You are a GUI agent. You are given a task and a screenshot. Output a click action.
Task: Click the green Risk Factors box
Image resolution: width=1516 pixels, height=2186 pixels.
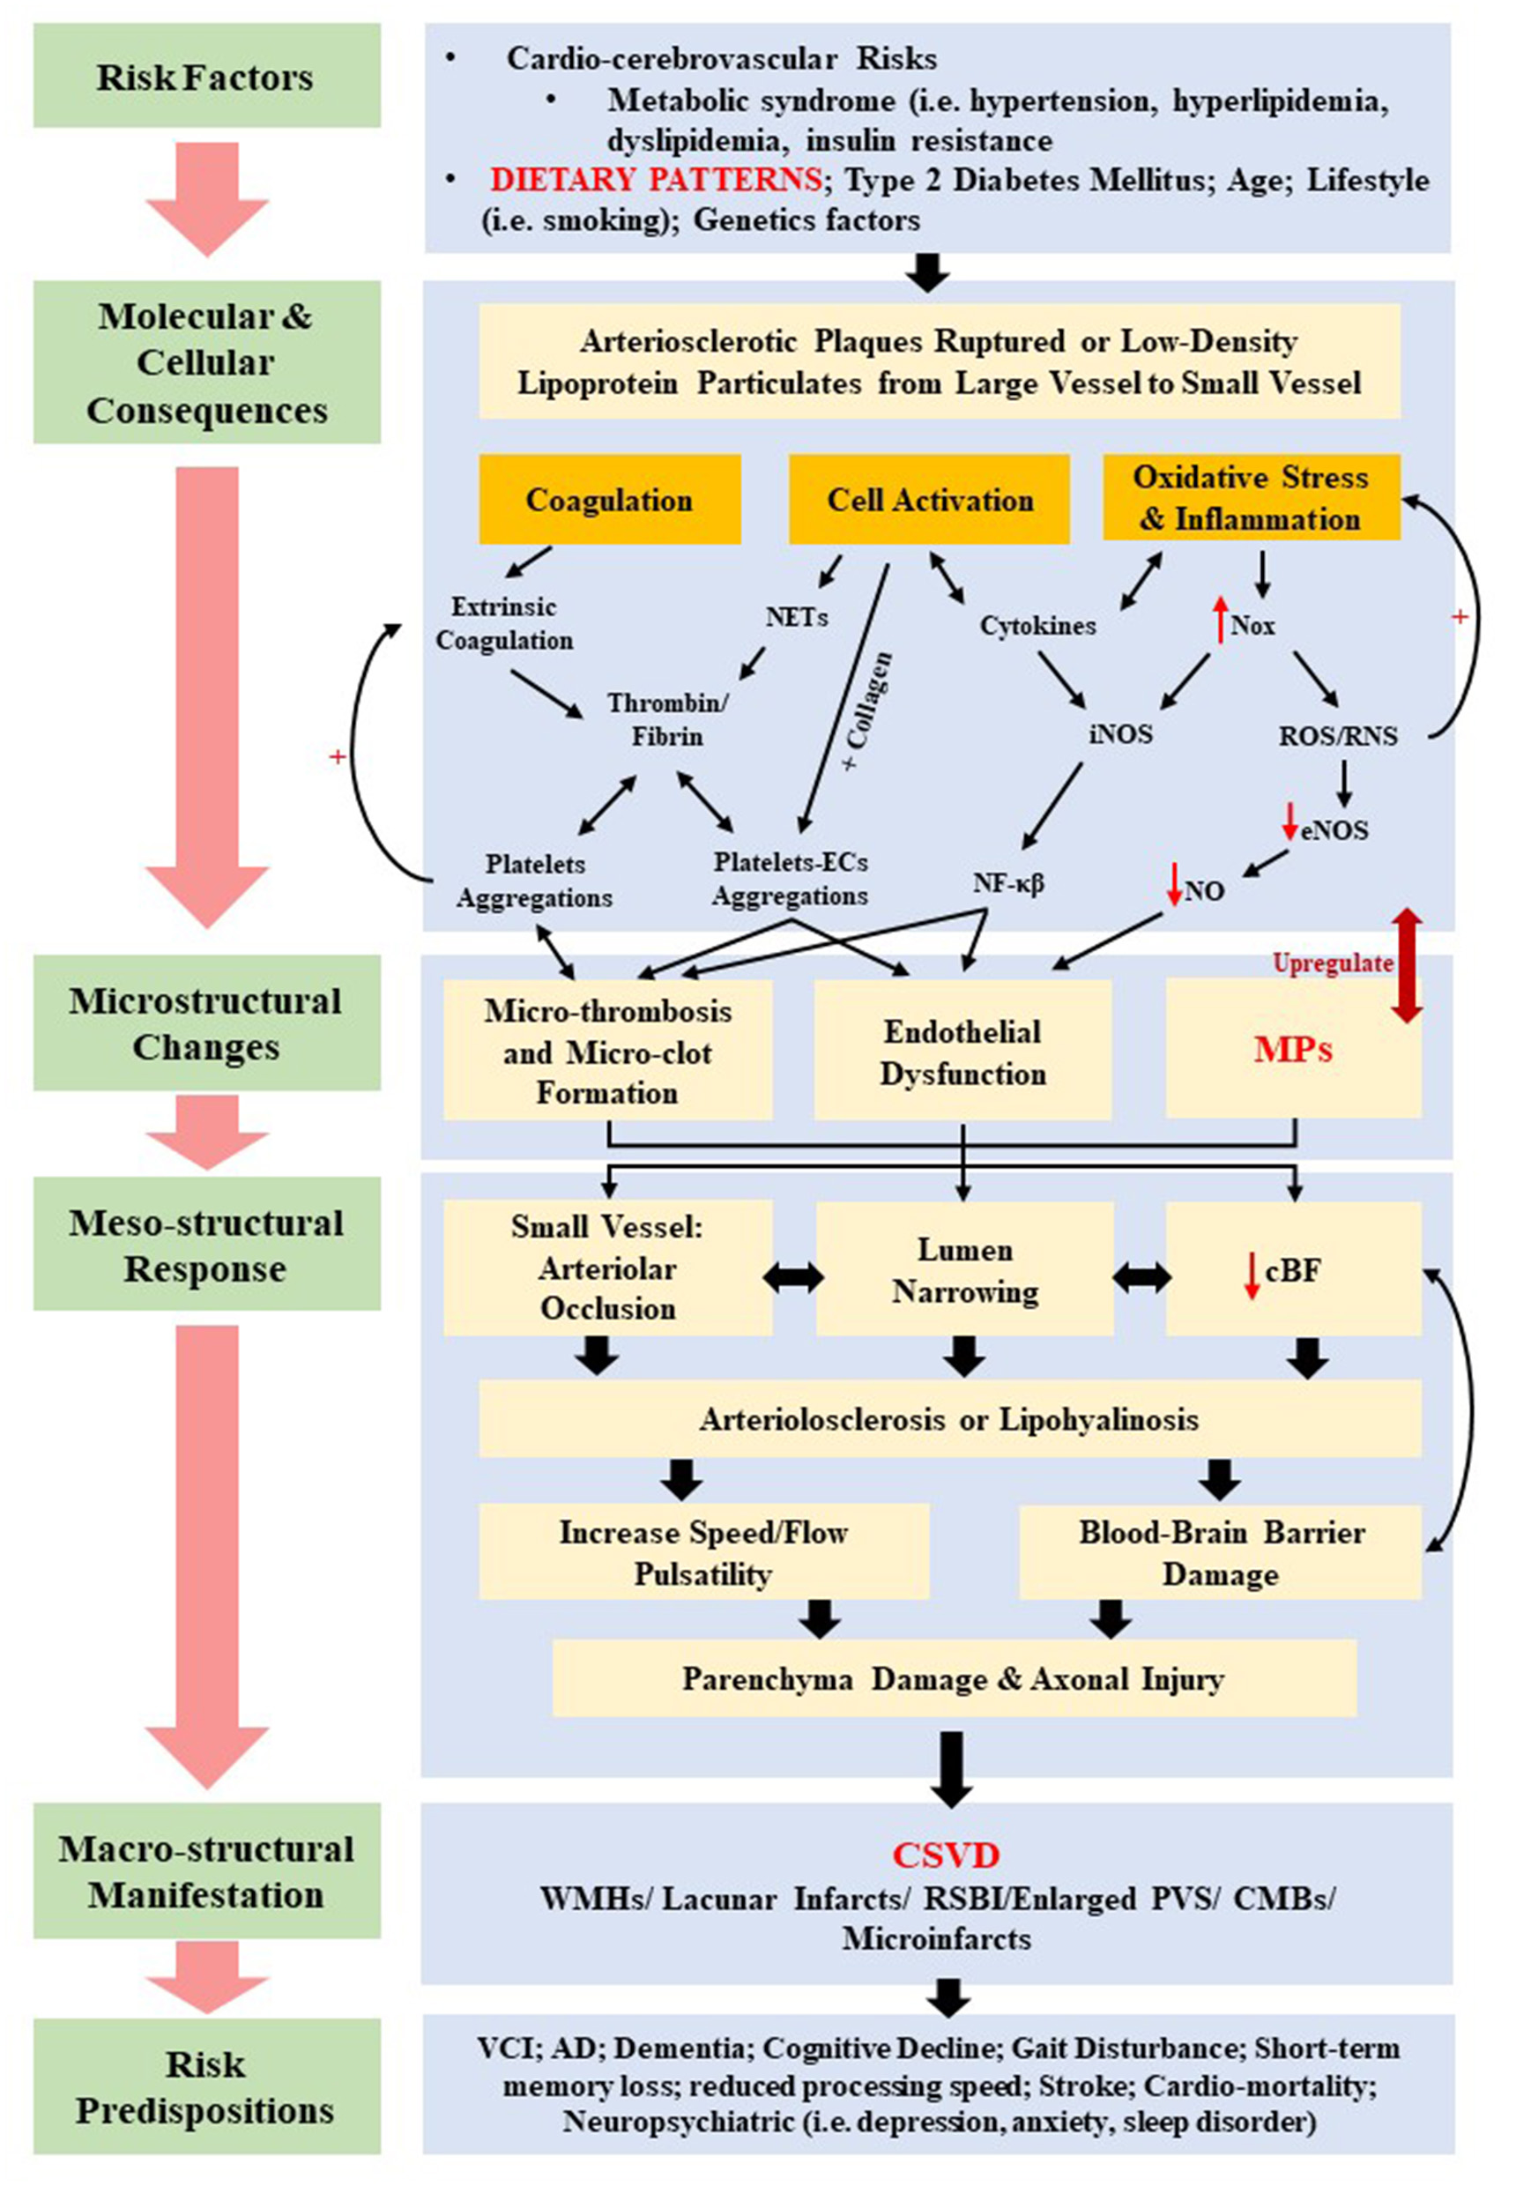click(206, 76)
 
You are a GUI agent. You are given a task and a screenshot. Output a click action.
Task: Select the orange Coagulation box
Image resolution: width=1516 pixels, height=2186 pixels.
click(609, 500)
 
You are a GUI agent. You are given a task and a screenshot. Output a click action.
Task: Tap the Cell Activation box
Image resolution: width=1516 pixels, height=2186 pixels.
click(929, 500)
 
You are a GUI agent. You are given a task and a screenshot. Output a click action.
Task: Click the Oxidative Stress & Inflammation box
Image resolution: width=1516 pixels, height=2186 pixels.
click(1250, 498)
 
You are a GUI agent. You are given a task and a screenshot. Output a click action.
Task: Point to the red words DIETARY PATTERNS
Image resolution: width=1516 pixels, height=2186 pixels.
click(656, 180)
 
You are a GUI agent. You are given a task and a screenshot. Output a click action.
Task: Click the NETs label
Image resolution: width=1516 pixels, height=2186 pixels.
click(796, 618)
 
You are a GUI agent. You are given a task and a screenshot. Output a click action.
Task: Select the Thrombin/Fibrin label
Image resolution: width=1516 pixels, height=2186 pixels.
click(667, 719)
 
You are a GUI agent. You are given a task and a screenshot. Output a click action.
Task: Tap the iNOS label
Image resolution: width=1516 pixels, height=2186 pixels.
click(1120, 733)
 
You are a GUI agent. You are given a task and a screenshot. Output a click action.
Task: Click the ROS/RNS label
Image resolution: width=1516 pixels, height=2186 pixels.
click(1337, 735)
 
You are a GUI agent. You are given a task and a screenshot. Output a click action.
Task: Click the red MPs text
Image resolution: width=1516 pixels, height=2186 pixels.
click(1292, 1049)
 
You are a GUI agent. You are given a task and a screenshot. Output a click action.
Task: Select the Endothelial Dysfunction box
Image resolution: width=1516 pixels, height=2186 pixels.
click(962, 1052)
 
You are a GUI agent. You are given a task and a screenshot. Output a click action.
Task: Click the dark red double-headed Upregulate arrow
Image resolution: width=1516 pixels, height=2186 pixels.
click(1407, 964)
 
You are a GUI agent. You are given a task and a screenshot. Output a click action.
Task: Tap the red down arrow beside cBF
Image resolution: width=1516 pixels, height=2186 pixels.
click(1252, 1274)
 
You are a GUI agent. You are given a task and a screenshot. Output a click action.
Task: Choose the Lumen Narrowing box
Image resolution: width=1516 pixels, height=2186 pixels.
click(964, 1270)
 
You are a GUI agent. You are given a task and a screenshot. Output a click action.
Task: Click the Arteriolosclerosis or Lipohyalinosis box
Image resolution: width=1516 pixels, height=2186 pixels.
click(949, 1419)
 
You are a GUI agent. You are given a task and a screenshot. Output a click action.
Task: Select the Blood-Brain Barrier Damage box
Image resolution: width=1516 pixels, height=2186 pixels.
click(1220, 1552)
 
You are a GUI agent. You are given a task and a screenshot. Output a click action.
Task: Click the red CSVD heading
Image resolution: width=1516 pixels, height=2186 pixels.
click(945, 1855)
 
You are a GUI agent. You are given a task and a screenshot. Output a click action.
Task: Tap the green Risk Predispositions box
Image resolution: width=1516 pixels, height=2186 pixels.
click(206, 2086)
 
